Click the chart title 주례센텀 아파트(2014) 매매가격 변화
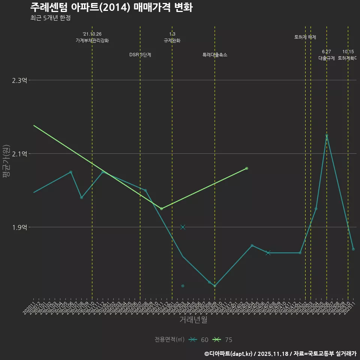click(x=111, y=7)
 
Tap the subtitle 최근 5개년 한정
click(x=50, y=18)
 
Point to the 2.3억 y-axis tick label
click(x=19, y=80)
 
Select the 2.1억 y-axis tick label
click(x=19, y=154)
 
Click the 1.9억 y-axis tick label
click(x=19, y=227)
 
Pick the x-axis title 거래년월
click(x=193, y=320)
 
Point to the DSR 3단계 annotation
click(x=140, y=55)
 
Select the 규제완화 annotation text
click(x=172, y=40)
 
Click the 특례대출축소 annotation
click(x=215, y=55)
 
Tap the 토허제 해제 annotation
click(x=305, y=37)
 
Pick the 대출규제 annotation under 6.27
click(x=327, y=58)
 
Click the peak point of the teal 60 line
click(x=327, y=135)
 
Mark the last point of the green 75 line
click(x=247, y=168)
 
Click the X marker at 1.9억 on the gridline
click(x=183, y=227)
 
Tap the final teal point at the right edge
click(x=353, y=249)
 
